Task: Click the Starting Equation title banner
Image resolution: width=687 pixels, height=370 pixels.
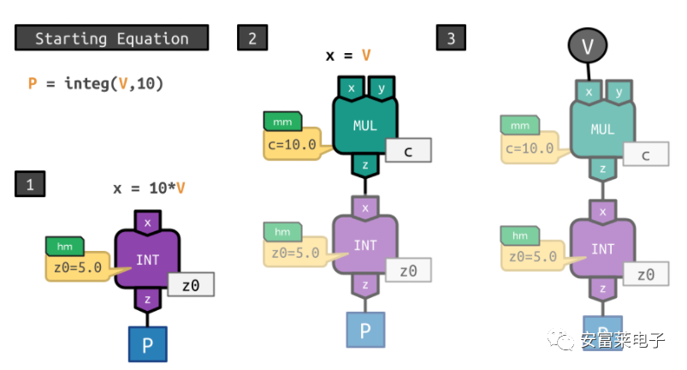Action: point(112,38)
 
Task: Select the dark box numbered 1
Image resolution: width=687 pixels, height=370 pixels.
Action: point(30,184)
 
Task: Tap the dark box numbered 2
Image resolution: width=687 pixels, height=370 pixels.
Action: point(252,38)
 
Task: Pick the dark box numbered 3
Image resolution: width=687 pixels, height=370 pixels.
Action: point(451,38)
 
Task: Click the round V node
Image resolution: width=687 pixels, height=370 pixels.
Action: point(588,45)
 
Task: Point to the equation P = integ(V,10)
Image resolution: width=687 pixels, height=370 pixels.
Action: point(96,83)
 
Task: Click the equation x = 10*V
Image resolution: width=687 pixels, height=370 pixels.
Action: point(149,188)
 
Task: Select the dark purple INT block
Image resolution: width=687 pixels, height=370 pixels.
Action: point(147,260)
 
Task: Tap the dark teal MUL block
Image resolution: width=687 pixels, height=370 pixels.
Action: point(365,125)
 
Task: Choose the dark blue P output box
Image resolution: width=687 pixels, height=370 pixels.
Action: point(148,344)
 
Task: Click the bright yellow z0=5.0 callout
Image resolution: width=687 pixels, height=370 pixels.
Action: point(78,266)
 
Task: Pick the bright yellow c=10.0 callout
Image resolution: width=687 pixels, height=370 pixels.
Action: point(293,144)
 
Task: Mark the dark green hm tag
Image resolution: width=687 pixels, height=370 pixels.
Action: point(65,247)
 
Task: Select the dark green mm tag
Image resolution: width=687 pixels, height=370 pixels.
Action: point(282,122)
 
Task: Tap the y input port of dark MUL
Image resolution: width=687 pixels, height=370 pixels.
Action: point(382,88)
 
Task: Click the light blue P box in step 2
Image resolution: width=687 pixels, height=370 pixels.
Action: point(365,330)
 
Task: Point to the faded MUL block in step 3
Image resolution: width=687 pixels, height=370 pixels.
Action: point(602,129)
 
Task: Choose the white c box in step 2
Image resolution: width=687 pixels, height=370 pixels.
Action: point(408,151)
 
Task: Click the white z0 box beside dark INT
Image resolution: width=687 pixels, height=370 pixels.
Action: point(191,285)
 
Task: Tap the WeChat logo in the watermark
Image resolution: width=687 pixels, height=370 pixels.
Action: point(560,339)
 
